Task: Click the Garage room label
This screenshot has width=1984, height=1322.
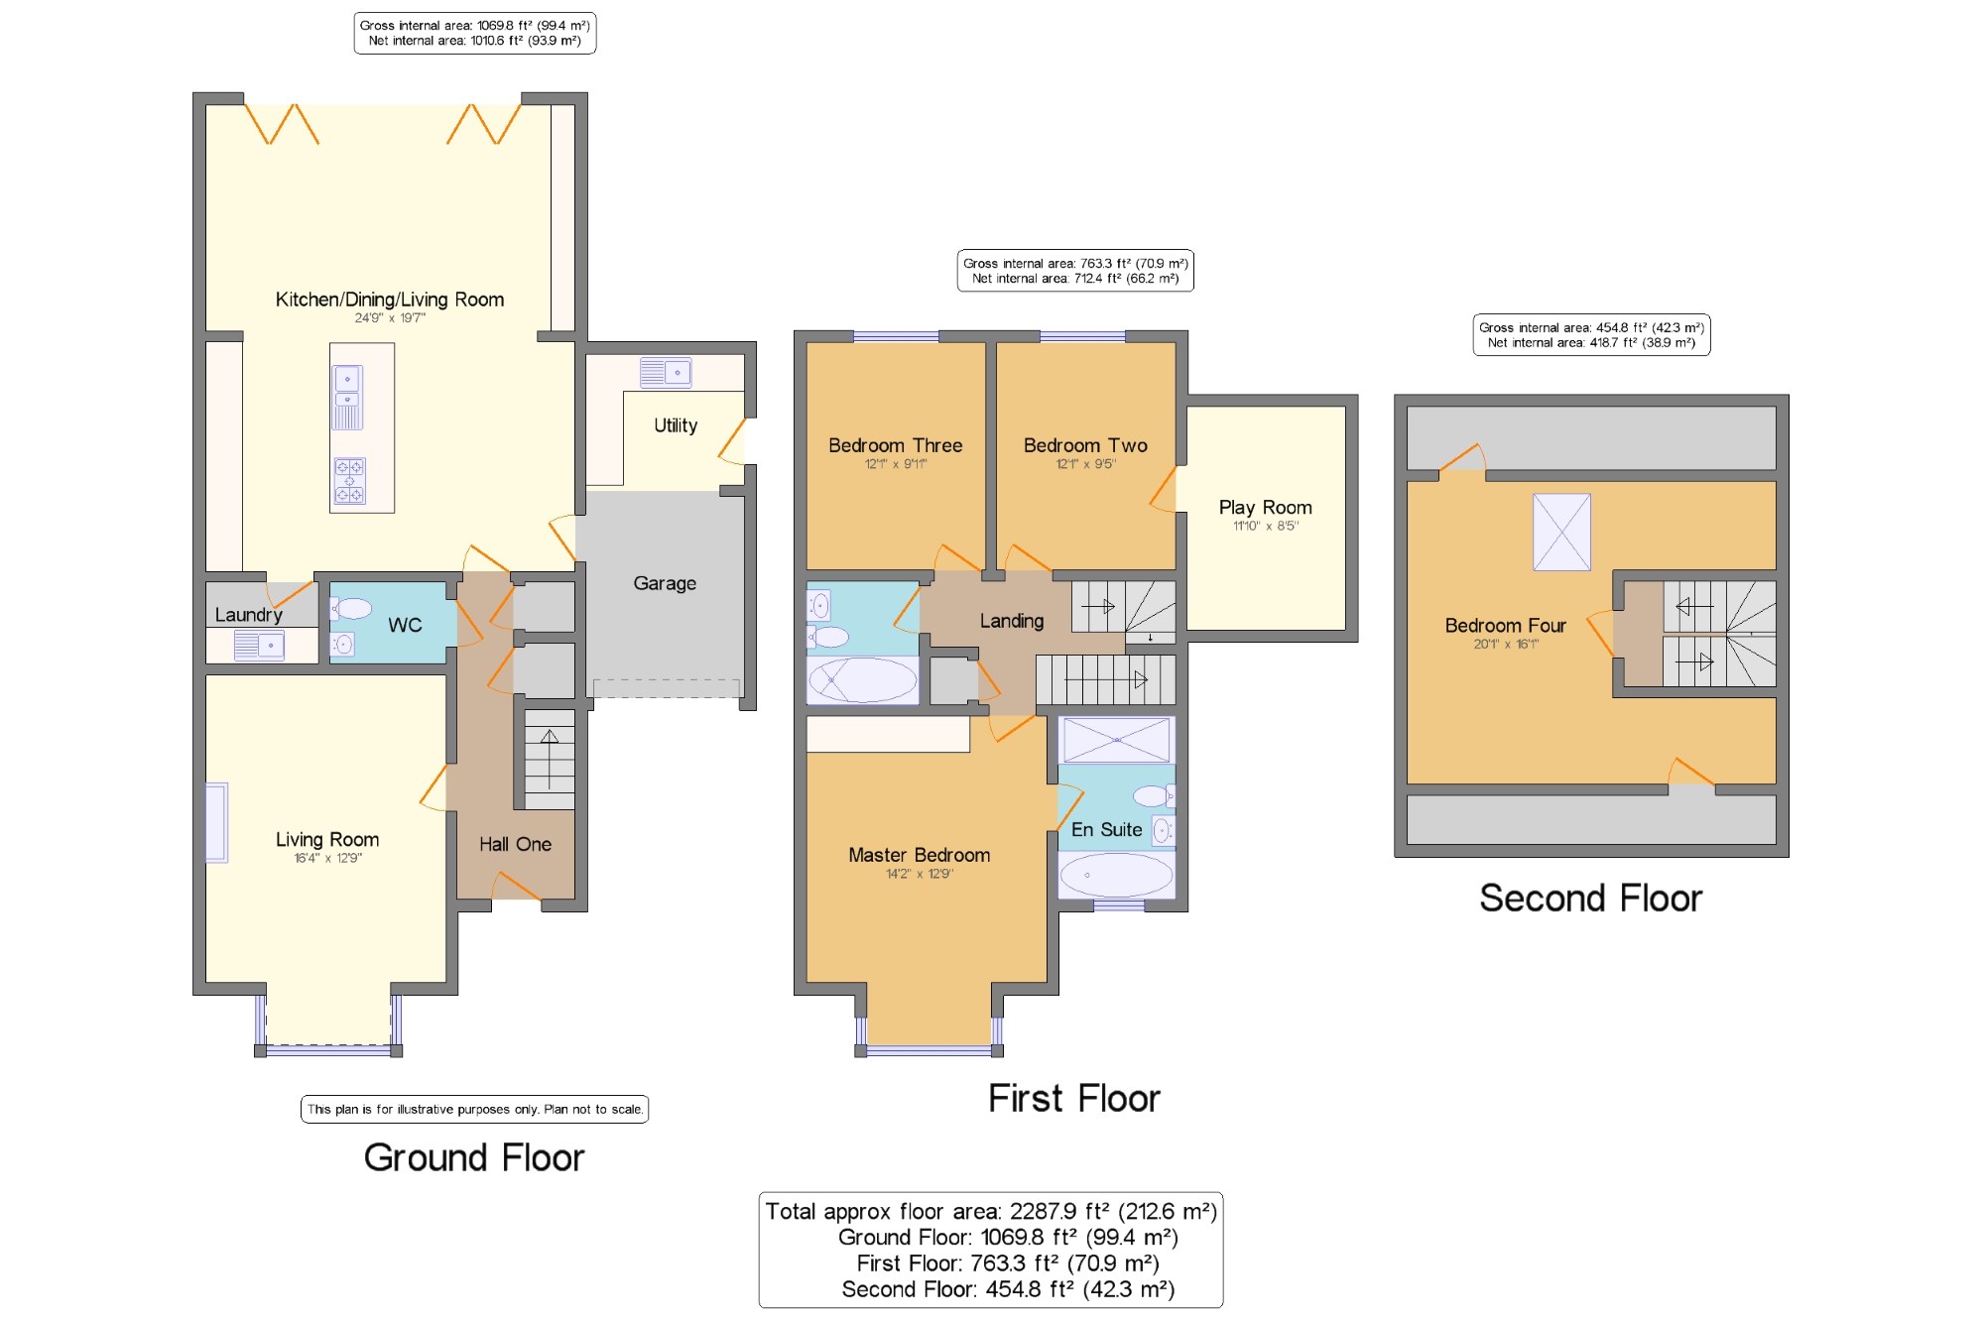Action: [665, 584]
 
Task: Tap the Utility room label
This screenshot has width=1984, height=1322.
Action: [676, 425]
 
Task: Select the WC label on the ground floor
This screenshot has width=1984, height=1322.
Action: [405, 625]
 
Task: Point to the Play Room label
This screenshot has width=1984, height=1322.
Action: [1265, 508]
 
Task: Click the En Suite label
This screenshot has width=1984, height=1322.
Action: [1106, 830]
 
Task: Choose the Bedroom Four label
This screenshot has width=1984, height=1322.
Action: [1505, 626]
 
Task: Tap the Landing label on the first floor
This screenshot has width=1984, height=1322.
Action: [1012, 622]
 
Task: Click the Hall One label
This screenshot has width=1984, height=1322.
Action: [515, 845]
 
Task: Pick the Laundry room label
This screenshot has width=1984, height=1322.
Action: [248, 615]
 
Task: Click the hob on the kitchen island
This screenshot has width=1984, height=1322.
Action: [349, 481]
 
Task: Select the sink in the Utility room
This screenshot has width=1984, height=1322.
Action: [666, 372]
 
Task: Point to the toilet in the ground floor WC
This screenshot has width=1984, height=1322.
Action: [350, 608]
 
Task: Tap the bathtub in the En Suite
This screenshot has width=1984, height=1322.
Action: [1116, 875]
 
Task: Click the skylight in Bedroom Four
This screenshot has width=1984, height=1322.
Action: [1561, 533]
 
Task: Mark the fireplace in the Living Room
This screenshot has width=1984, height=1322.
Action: [216, 823]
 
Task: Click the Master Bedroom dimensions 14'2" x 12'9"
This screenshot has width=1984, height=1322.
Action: [920, 875]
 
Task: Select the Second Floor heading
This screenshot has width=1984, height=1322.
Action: [1590, 899]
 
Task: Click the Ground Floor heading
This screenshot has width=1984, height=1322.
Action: [474, 1158]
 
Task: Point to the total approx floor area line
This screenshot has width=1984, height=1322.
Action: [991, 1211]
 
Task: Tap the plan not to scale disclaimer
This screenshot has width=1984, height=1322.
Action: [474, 1110]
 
